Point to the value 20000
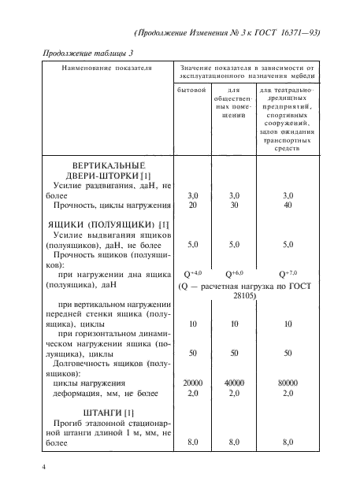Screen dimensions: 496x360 click(191, 383)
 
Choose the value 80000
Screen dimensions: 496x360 click(288, 383)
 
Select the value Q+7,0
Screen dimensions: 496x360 click(288, 274)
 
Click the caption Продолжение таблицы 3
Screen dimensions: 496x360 click(87, 52)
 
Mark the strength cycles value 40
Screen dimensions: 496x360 click(288, 205)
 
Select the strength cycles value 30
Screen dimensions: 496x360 click(234, 205)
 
